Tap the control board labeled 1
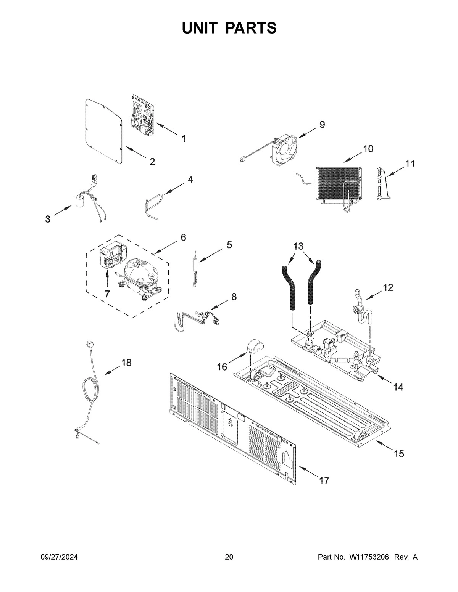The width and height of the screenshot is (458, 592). pyautogui.click(x=142, y=115)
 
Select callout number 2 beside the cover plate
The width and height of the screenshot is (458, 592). pyautogui.click(x=152, y=162)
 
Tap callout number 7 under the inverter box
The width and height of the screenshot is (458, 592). pyautogui.click(x=107, y=294)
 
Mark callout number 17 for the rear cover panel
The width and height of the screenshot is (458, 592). pyautogui.click(x=324, y=481)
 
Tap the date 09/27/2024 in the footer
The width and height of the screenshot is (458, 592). pyautogui.click(x=59, y=557)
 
